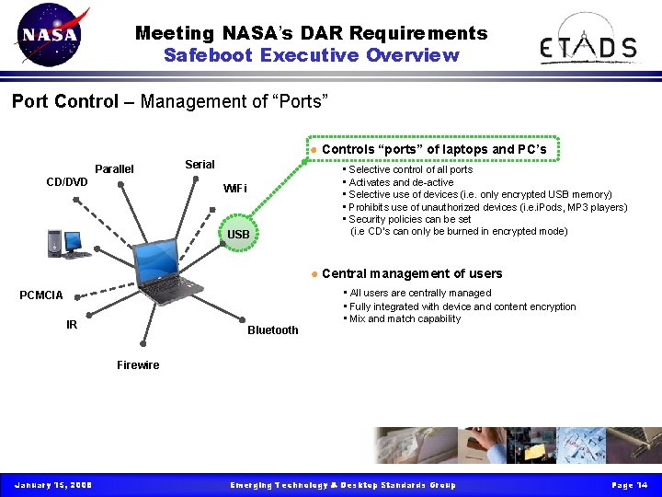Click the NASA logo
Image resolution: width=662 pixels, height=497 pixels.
pos(51,36)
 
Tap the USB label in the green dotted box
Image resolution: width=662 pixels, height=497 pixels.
pos(238,235)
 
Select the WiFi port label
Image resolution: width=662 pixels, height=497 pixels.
pos(235,189)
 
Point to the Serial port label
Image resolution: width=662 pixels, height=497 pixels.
pos(200,165)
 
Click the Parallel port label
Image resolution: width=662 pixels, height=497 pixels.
pos(114,169)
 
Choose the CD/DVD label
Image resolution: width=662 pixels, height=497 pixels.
pos(67,182)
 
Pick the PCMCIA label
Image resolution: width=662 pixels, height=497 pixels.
pos(41,295)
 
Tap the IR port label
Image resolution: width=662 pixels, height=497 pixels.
pos(72,324)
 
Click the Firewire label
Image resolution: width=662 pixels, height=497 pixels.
pos(138,365)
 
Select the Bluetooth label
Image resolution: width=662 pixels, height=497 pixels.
pos(273,330)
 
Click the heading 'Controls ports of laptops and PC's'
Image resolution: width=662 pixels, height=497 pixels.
pos(434,149)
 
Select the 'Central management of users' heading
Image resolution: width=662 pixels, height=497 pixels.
pos(412,273)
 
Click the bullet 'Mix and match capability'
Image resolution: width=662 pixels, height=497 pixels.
pos(405,319)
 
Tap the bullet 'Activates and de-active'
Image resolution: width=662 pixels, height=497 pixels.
pos(401,182)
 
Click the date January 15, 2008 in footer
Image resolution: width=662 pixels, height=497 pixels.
pos(52,485)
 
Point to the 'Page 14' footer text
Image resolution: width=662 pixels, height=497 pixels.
pos(630,485)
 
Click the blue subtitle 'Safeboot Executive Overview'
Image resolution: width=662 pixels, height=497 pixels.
pos(311,55)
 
